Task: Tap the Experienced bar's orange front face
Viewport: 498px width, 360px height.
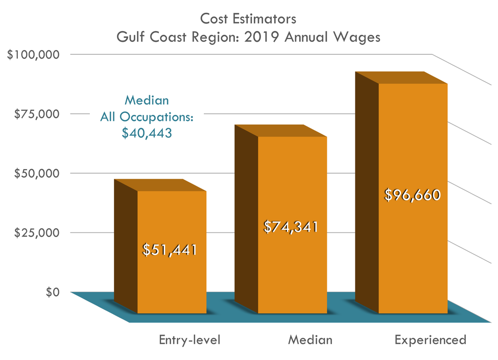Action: tap(413, 255)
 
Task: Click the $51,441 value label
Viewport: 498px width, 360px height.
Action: tap(170, 250)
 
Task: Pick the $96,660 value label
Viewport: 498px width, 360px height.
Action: tap(412, 195)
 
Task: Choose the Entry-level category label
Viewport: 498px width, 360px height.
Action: tap(189, 340)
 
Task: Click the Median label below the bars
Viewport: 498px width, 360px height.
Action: tap(310, 340)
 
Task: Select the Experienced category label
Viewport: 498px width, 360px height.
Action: tap(430, 340)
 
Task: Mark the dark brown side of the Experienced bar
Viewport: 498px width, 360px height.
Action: tap(366, 194)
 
